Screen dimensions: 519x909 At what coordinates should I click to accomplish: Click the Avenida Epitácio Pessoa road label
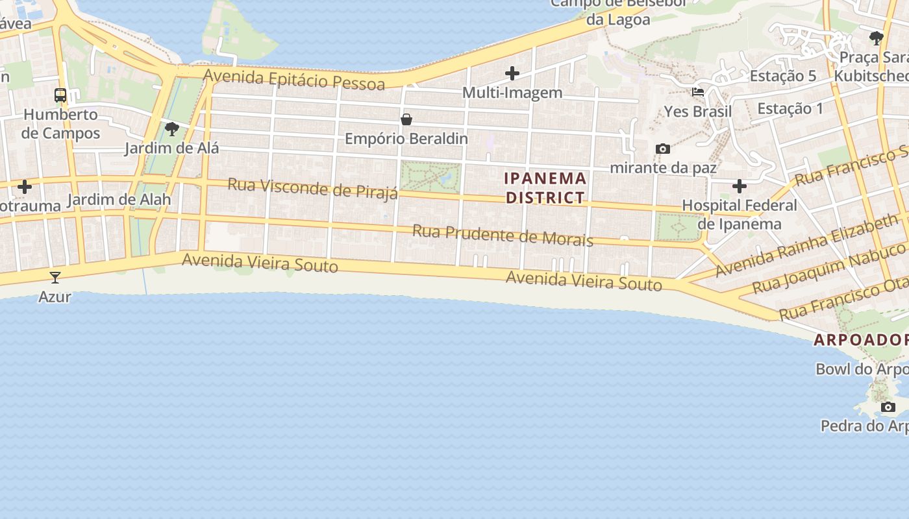293,79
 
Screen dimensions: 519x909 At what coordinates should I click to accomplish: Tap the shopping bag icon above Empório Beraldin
406,119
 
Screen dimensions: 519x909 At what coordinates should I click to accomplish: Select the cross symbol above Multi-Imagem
512,73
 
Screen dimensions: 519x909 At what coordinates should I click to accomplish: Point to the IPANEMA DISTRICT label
545,187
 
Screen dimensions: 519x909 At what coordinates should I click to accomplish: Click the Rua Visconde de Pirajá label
312,188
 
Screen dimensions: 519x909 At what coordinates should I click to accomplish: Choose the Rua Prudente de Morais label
503,235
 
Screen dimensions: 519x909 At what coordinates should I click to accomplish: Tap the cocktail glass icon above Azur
55,278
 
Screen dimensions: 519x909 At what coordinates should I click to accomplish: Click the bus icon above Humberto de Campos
60,95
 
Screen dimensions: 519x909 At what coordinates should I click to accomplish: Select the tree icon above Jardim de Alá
172,129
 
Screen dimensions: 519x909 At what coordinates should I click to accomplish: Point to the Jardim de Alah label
119,199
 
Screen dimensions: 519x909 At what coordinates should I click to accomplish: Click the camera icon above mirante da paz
663,149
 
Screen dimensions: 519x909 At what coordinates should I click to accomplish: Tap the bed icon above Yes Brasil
698,92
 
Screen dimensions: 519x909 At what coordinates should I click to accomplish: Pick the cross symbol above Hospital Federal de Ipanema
740,187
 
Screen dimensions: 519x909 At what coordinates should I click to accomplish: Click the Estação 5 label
783,76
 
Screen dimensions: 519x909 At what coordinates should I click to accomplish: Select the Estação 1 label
790,108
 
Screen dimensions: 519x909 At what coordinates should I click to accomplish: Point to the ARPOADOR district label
861,340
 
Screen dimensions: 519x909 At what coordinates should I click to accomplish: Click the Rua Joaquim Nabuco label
828,267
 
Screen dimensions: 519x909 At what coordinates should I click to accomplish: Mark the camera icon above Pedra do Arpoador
888,407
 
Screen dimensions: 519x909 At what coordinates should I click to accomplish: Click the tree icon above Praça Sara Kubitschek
877,38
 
